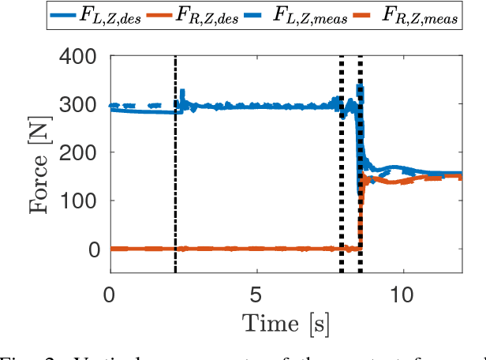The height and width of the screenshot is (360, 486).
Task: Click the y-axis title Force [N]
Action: pyautogui.click(x=40, y=163)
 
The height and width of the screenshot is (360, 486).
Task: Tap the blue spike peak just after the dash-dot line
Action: pyautogui.click(x=182, y=91)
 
